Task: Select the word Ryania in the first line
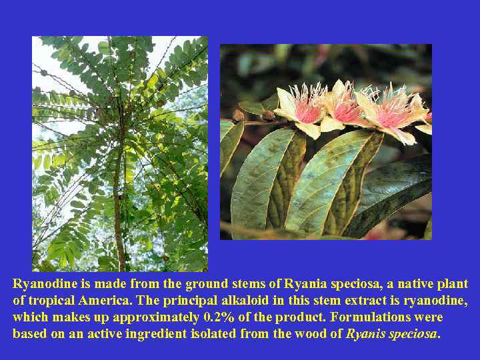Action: [303, 284]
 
